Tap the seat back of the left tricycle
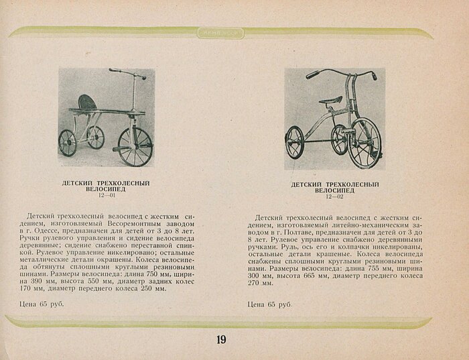(x=88, y=102)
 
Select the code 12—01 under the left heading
(x=106, y=195)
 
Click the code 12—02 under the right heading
(x=335, y=196)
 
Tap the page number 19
(x=221, y=339)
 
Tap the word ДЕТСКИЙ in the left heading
(x=76, y=182)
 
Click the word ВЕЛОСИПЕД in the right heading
(x=335, y=190)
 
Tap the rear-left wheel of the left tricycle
(x=67, y=142)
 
